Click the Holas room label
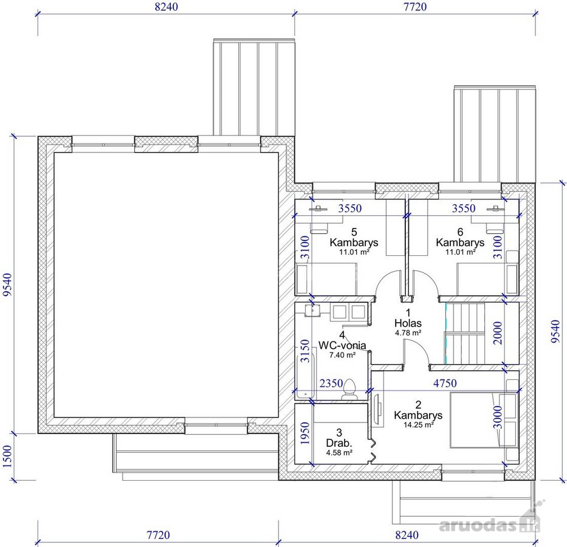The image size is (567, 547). click(408, 323)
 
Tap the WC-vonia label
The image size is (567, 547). click(342, 345)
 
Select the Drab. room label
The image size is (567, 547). click(339, 443)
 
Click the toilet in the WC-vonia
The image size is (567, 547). click(349, 390)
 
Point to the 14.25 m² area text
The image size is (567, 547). click(418, 425)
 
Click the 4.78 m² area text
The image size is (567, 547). click(408, 333)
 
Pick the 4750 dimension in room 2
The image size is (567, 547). click(445, 384)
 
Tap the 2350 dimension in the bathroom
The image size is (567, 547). click(331, 384)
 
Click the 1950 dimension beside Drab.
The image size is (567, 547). click(306, 433)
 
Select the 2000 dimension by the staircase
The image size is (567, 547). click(498, 333)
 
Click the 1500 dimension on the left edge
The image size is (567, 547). click(7, 456)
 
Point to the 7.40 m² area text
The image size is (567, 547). click(342, 355)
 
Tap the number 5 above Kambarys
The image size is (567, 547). click(354, 232)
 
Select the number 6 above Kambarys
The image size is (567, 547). click(460, 232)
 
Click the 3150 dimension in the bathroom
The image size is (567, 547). click(306, 351)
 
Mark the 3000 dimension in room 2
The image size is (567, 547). click(498, 417)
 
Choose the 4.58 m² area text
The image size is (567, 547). click(339, 453)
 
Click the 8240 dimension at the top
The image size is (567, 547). click(167, 7)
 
